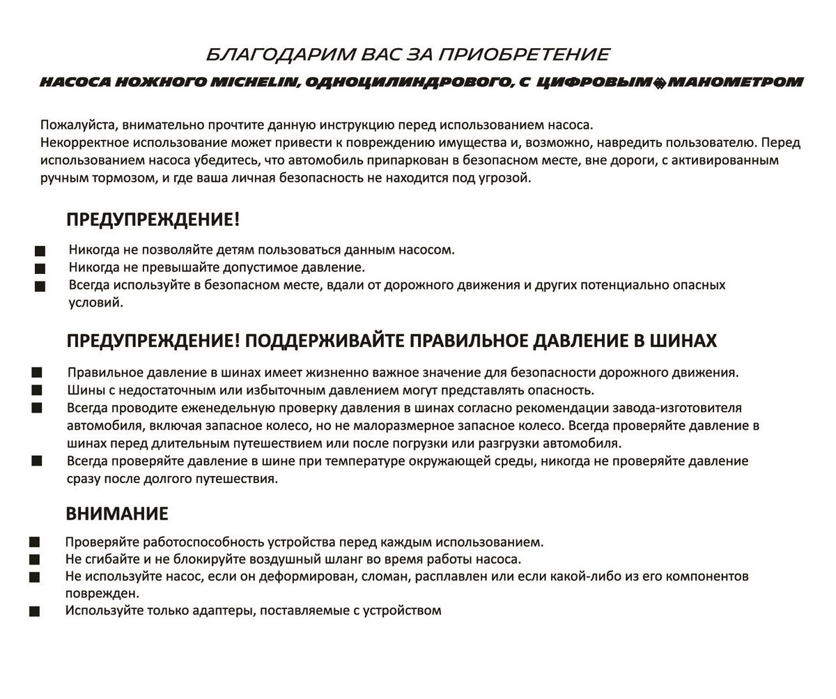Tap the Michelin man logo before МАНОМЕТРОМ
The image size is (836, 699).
click(x=659, y=83)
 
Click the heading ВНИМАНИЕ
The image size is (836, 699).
click(x=117, y=514)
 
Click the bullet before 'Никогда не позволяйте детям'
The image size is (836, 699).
click(x=40, y=251)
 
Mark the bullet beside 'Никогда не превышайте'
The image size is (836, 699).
click(x=40, y=268)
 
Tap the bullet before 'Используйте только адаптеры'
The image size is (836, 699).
click(x=34, y=611)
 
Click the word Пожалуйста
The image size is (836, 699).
click(x=79, y=125)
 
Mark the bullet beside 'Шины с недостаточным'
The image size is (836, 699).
click(x=37, y=390)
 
